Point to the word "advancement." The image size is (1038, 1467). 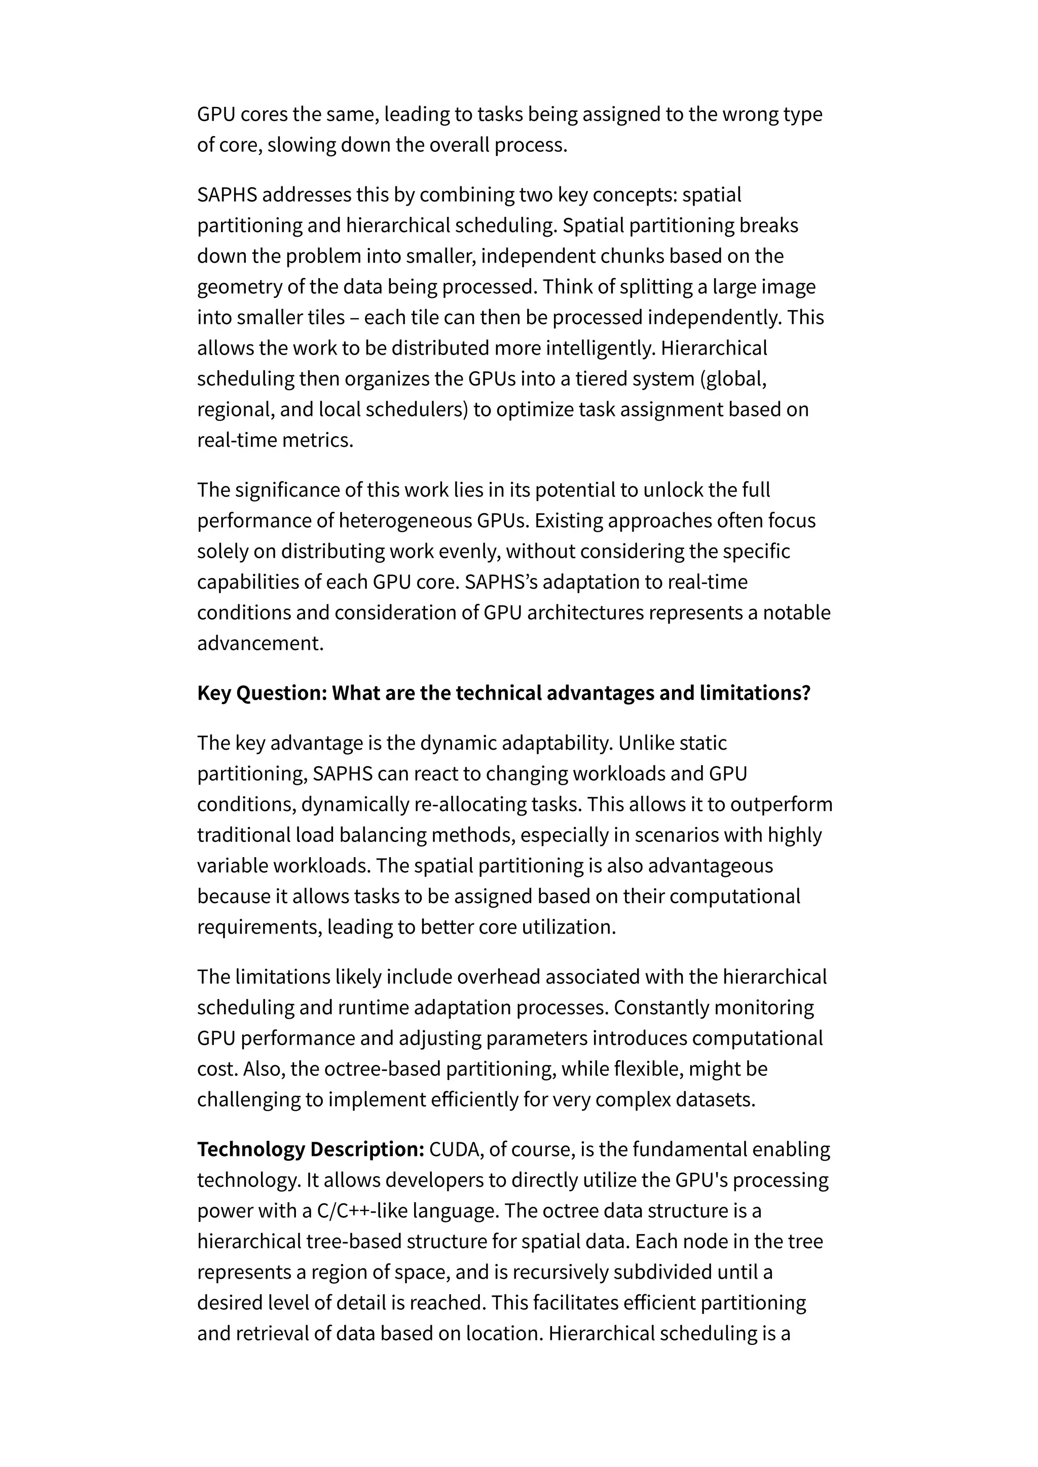(x=260, y=643)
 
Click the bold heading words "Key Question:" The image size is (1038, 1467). (x=262, y=693)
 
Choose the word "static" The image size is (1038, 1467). (x=703, y=743)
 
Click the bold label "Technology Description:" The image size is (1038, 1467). (x=311, y=1149)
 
